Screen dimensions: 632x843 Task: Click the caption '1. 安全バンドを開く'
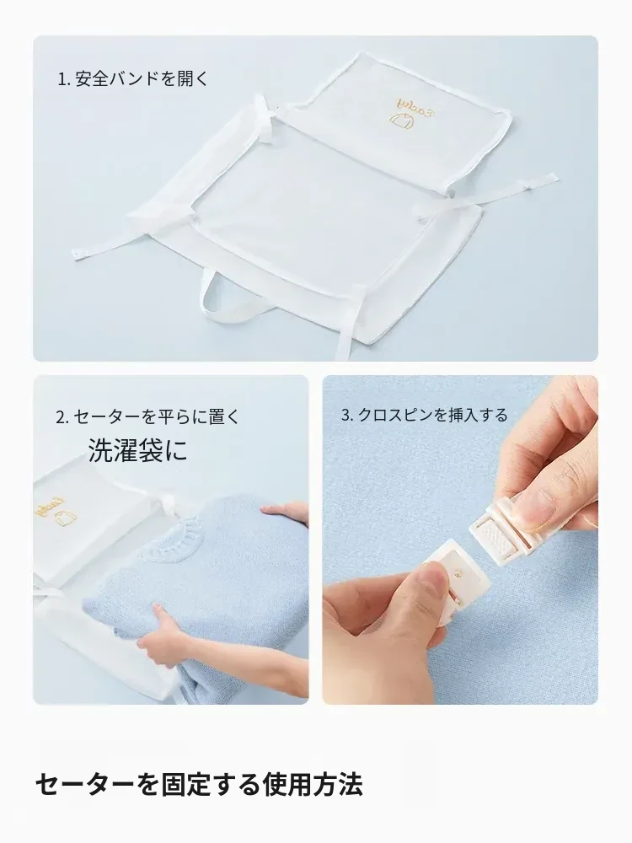coord(133,79)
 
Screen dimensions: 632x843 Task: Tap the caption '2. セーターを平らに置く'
coord(147,416)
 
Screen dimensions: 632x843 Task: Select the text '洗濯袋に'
coord(138,450)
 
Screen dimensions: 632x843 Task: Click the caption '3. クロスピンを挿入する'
coord(425,415)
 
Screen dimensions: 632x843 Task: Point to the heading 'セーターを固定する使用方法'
coord(199,785)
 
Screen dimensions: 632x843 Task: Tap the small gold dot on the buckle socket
coord(458,573)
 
